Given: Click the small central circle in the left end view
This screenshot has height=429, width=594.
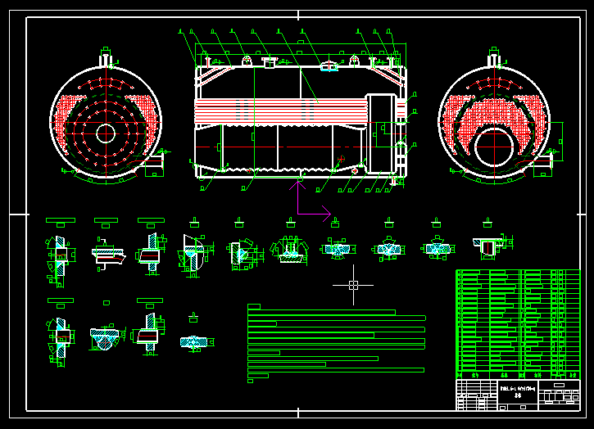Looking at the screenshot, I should pyautogui.click(x=105, y=133).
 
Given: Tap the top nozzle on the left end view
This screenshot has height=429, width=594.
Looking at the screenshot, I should pyautogui.click(x=105, y=57).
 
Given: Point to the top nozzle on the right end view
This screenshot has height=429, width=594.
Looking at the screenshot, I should pyautogui.click(x=494, y=57).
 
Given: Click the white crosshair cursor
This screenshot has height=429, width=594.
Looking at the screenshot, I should pyautogui.click(x=353, y=285).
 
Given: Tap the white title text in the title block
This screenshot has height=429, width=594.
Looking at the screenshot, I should pyautogui.click(x=518, y=391).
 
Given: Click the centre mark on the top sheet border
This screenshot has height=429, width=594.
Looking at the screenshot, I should pyautogui.click(x=297, y=15).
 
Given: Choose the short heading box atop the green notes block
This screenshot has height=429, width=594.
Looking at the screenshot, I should pyautogui.click(x=254, y=306).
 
